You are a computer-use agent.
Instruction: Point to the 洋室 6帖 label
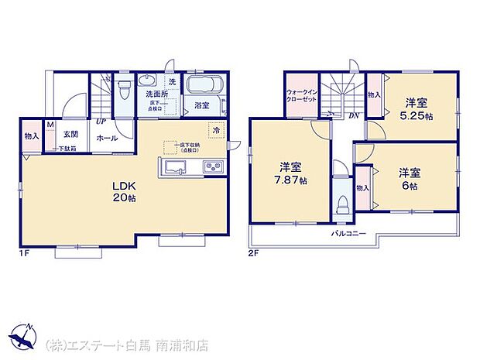(x=410, y=179)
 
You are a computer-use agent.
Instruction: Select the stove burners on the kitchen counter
(x=213, y=167)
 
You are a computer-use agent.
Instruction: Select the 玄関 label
(x=70, y=133)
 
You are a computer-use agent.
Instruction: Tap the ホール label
(x=106, y=138)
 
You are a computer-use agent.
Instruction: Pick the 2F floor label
(x=253, y=252)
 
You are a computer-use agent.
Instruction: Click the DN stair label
(x=353, y=116)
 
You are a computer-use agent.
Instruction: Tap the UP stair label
(x=101, y=121)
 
